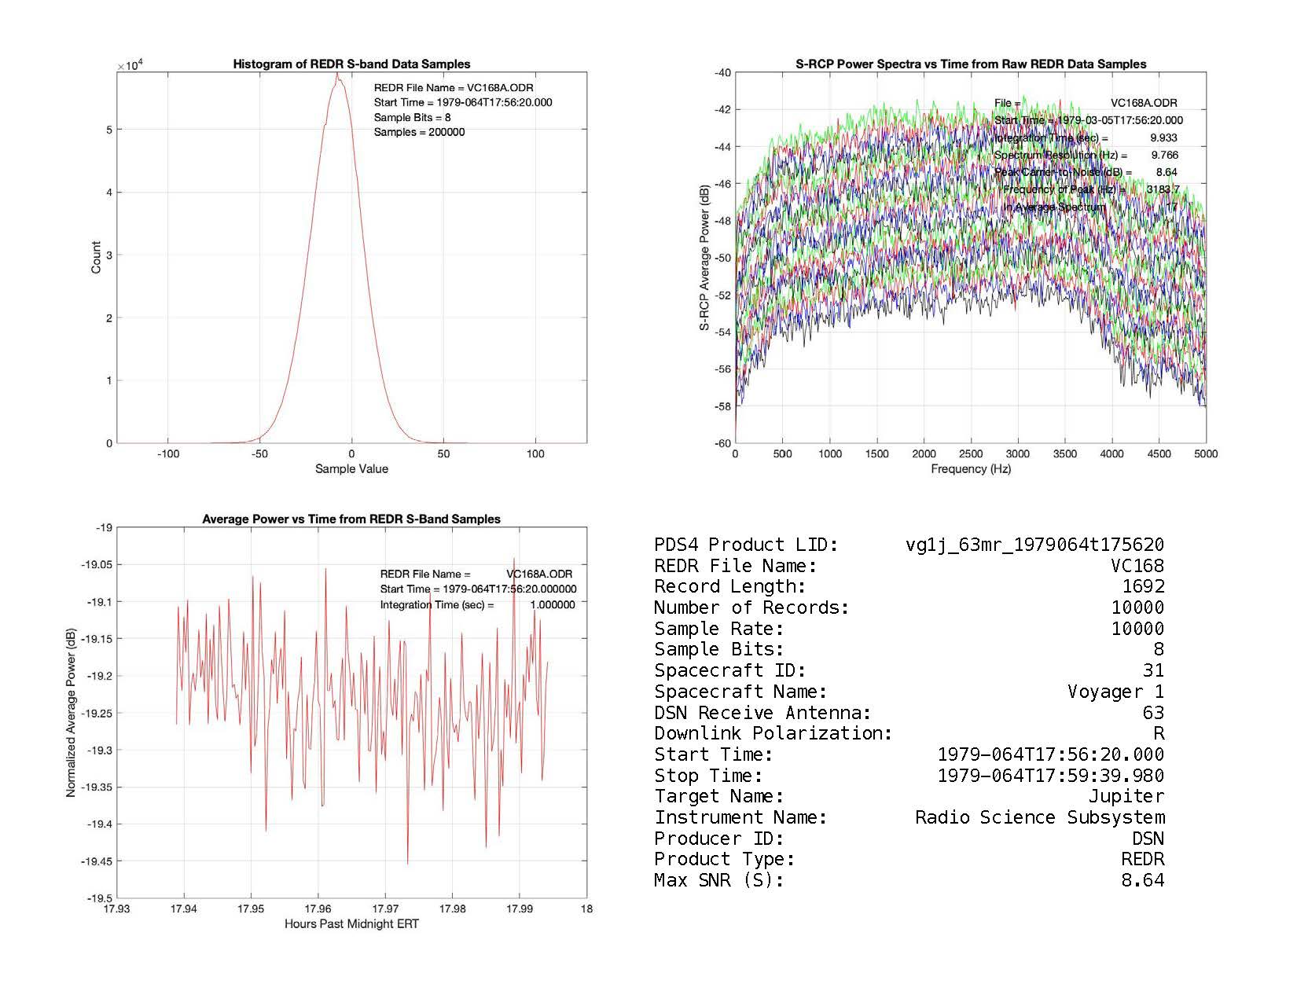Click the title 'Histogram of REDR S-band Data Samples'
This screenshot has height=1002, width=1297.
click(x=351, y=64)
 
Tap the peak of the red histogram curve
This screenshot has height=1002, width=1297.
click(x=337, y=75)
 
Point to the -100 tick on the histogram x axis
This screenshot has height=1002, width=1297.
click(x=167, y=453)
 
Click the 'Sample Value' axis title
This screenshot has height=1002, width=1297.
click(x=351, y=469)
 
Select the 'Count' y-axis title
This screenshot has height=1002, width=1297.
click(x=96, y=258)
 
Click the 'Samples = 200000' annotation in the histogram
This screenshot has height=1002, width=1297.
click(x=419, y=132)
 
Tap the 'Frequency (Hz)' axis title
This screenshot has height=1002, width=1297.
click(x=970, y=469)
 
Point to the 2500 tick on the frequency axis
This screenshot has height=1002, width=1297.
click(x=970, y=453)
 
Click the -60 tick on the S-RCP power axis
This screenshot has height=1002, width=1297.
click(x=722, y=443)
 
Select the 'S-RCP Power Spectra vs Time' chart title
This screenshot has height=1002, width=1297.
click(x=970, y=64)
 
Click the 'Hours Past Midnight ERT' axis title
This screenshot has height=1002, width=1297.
click(x=351, y=924)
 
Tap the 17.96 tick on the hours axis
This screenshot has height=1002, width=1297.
click(x=318, y=909)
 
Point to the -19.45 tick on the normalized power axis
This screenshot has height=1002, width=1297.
click(x=96, y=861)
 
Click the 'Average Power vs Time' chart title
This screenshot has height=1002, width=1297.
click(x=351, y=519)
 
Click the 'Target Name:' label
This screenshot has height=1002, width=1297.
click(x=718, y=797)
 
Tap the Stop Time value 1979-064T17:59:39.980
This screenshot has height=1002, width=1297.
click(x=1050, y=776)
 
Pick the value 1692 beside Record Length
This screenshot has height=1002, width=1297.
click(x=1143, y=586)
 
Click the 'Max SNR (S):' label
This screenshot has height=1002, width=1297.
click(x=718, y=881)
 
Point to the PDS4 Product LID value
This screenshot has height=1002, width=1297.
click(x=1034, y=545)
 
